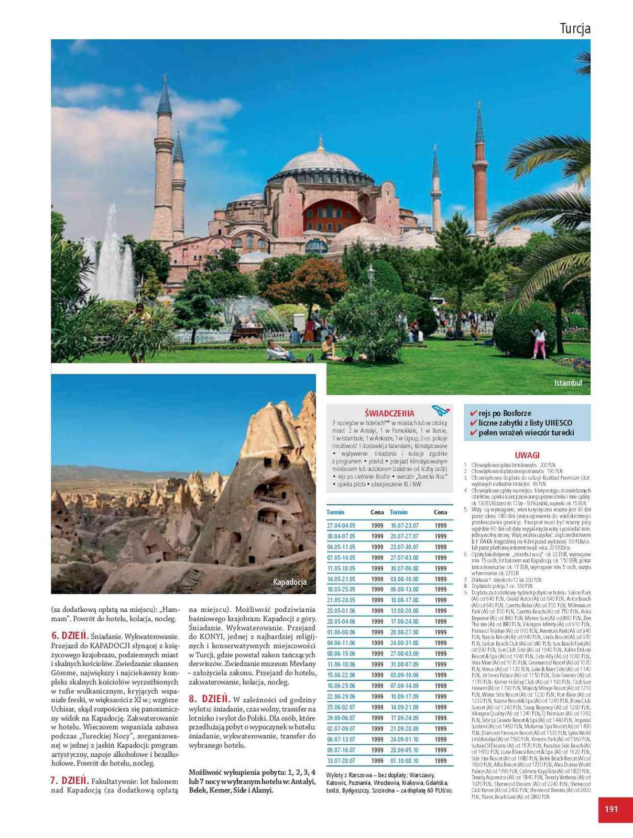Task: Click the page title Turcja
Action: click(575, 28)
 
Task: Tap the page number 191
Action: click(611, 809)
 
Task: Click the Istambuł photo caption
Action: click(568, 383)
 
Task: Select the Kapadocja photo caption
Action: click(290, 582)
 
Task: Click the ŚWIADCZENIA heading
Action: click(389, 413)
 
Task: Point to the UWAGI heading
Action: click(527, 455)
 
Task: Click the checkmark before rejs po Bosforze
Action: click(474, 413)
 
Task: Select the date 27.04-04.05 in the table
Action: click(341, 525)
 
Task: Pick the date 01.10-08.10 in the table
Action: click(404, 760)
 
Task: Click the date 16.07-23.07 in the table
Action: click(404, 525)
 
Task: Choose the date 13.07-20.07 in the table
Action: click(341, 760)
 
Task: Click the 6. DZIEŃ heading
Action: click(70, 635)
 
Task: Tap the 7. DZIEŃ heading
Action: click(70, 780)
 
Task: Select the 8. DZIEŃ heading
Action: click(209, 699)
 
